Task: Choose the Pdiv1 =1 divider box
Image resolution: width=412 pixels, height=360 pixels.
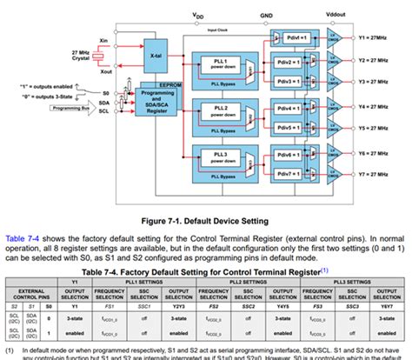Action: (x=299, y=40)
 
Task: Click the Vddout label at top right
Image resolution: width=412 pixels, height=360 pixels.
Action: (x=336, y=15)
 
